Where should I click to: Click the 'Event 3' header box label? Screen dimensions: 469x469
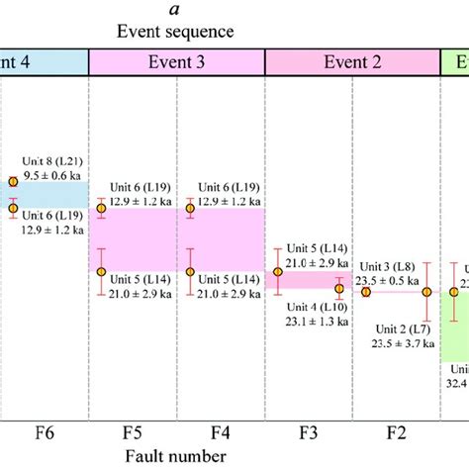click(178, 60)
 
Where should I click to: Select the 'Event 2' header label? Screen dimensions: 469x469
click(353, 60)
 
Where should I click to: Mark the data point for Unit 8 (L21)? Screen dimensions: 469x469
click(13, 181)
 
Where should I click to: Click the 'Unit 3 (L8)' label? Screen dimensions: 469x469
click(389, 265)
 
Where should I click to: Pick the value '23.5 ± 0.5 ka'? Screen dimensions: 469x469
click(390, 279)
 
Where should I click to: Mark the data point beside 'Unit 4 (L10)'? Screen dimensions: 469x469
click(339, 289)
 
